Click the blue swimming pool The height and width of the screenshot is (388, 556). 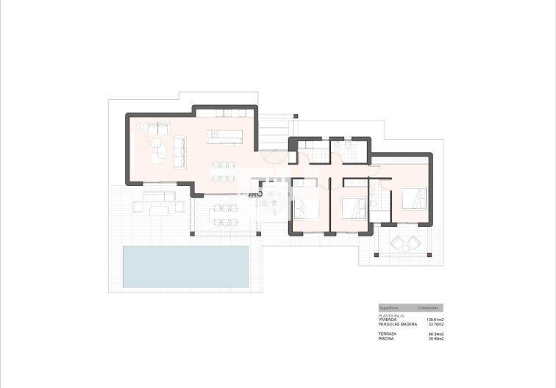tap(185, 266)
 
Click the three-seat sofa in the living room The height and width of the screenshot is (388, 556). tap(179, 151)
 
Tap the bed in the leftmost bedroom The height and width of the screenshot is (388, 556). tap(306, 208)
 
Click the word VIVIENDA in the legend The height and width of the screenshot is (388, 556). tap(388, 321)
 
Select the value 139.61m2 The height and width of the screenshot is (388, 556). tap(435, 321)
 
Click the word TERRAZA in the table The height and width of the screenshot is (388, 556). tap(387, 334)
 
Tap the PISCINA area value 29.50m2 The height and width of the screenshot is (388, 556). tap(435, 339)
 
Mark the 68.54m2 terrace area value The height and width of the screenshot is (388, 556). tap(435, 334)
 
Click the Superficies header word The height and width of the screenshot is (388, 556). tap(389, 307)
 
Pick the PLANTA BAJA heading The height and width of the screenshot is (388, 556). tap(391, 317)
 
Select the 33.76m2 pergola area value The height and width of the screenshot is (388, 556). tap(435, 326)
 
